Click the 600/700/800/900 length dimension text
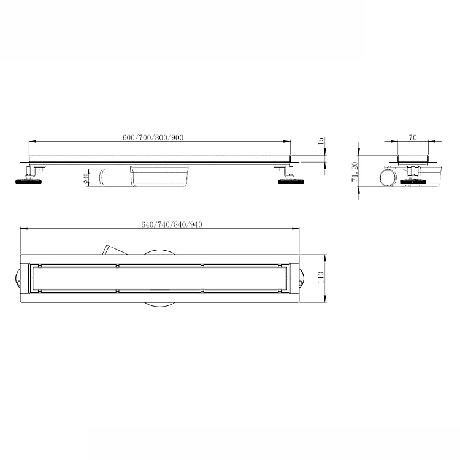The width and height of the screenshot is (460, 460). [153, 137]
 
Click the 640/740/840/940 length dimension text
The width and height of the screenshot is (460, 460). [172, 224]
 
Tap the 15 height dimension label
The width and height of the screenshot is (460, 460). [321, 140]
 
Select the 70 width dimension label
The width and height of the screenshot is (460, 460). [413, 137]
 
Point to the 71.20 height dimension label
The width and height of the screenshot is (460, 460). [355, 172]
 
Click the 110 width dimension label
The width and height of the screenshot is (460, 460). [321, 277]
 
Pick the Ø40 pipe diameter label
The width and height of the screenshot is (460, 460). [85, 178]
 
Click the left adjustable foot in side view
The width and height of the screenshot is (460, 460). [28, 176]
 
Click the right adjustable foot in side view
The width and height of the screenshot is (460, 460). [291, 176]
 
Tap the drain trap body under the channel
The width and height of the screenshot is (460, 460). [144, 177]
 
